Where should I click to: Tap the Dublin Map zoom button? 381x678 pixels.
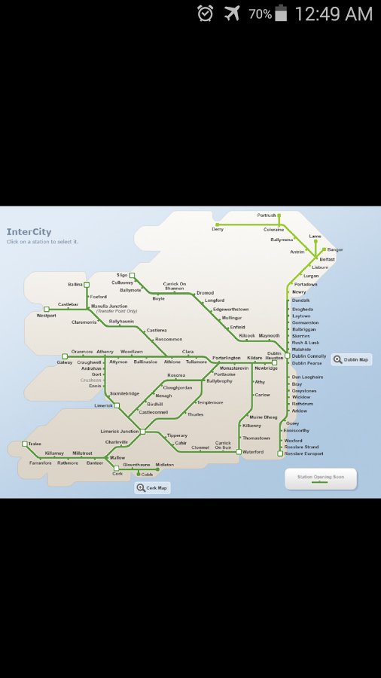pos(352,359)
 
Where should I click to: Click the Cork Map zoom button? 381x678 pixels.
pos(153,488)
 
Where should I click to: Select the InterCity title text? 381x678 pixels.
pos(29,232)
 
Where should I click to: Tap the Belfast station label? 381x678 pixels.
pos(327,259)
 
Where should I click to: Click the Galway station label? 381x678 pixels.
pos(65,362)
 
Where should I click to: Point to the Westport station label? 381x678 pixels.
pos(46,316)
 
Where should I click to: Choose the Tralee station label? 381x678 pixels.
pos(35,444)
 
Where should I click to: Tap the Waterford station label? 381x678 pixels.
pos(252,452)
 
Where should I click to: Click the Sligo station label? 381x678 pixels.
pos(122,275)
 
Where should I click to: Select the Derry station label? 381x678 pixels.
pos(218,229)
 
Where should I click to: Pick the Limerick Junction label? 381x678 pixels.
pos(120,431)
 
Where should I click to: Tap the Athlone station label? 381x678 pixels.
pos(172,362)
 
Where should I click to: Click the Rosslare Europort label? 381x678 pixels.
pos(303,454)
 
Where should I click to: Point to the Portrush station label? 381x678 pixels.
pos(267,215)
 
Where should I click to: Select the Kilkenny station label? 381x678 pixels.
pos(251,426)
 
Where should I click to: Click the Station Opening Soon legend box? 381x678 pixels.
pos(320,478)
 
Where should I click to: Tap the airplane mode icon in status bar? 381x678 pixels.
pos(232,14)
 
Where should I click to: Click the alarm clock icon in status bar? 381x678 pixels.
pos(205,14)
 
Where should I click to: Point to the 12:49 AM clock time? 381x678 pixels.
pos(334,14)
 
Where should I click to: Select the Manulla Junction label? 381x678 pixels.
pos(109,306)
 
